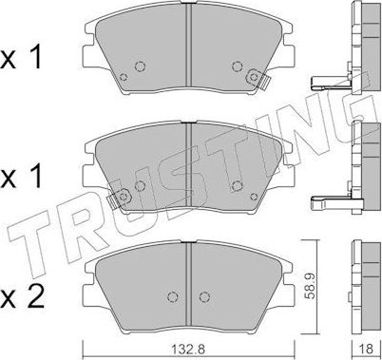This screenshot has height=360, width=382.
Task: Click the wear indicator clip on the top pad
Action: (253, 77)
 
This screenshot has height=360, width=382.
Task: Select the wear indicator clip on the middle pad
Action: (118, 197)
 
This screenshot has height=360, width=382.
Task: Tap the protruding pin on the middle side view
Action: (329, 200)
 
